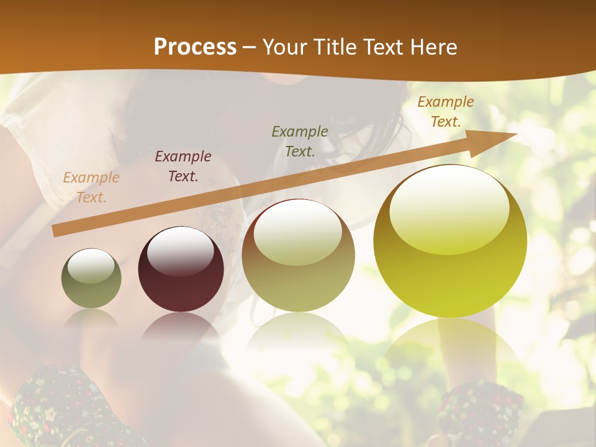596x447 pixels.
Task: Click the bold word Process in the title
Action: point(195,47)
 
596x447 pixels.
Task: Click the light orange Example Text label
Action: point(91,187)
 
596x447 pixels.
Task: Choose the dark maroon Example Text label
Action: point(183,166)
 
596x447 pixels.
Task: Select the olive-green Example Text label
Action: point(300,142)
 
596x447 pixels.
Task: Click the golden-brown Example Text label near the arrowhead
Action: point(446,112)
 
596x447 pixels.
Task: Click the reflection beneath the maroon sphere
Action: point(181,326)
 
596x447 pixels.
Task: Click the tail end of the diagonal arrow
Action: point(56,231)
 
